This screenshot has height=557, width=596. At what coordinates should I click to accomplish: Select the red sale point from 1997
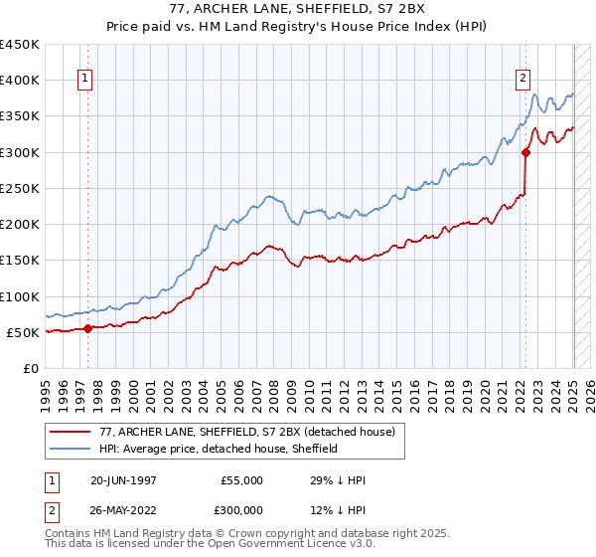[87, 328]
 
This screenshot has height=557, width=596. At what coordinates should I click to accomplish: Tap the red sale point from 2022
[526, 152]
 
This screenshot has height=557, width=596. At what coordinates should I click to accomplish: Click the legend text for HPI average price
[219, 449]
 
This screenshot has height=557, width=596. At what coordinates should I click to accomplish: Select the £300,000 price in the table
[241, 510]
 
